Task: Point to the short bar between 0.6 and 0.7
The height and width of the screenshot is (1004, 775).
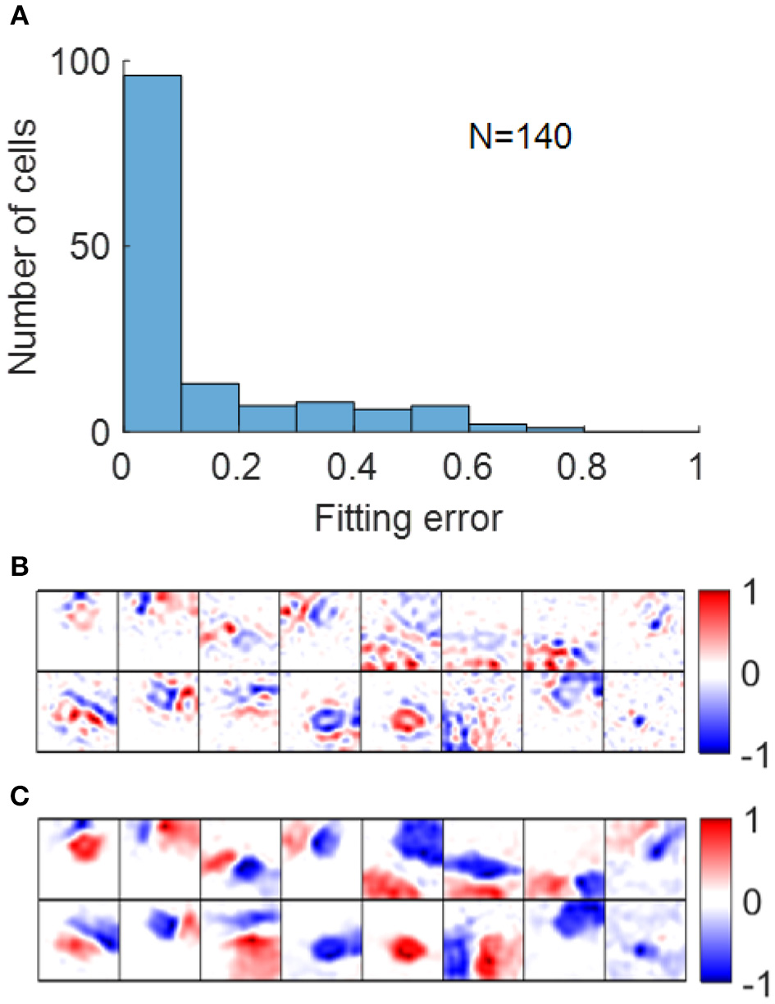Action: click(497, 427)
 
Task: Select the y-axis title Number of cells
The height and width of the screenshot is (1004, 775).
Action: click(25, 247)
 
